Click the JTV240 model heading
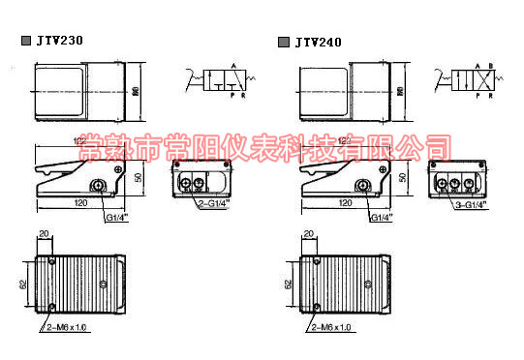coord(321,42)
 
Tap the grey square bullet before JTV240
coord(283,42)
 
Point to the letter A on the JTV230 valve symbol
coord(232,66)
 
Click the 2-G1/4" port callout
coord(213,204)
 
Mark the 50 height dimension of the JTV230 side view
coord(139,179)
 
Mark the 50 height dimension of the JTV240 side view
coord(402,179)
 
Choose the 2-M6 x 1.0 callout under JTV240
coord(335,328)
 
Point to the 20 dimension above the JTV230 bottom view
coord(43,235)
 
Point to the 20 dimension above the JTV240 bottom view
coord(308,235)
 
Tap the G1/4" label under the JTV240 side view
coord(385,218)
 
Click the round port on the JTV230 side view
coord(98,186)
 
